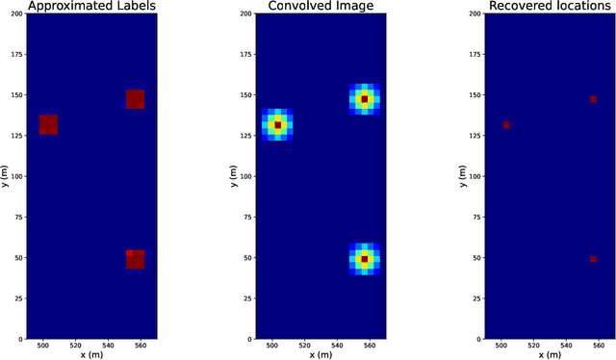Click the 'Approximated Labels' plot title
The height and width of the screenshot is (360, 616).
point(91,7)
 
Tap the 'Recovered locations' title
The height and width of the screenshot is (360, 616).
point(549,7)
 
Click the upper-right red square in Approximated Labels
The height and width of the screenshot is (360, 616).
point(135,99)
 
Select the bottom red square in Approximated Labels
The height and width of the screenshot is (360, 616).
point(135,259)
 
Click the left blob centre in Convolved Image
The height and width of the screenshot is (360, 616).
point(277,125)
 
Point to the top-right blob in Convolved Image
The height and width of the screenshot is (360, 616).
point(364,99)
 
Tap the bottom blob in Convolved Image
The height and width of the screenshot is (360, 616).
point(364,259)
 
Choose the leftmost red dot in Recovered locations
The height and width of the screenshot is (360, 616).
point(506,125)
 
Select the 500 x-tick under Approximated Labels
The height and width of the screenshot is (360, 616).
point(43,346)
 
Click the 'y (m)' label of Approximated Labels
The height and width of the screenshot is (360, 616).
point(5,177)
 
